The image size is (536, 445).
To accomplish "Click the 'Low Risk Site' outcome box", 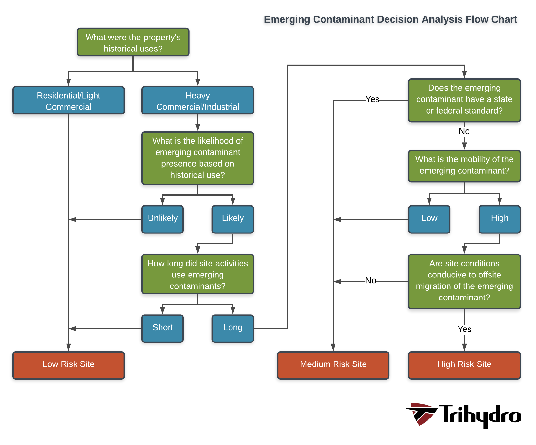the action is [68, 365].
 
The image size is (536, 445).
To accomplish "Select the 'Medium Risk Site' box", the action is [333, 365].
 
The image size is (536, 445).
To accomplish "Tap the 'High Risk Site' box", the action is [464, 365].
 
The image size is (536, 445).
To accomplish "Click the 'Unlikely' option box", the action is [163, 219].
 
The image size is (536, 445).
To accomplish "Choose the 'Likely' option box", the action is [233, 219].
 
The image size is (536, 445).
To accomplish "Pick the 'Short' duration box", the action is [163, 329].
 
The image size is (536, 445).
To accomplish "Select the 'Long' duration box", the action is [233, 329].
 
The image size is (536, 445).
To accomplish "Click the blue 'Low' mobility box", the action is [429, 219].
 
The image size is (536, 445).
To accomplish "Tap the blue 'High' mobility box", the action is [500, 219].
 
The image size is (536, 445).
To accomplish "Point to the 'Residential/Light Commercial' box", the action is [68, 100].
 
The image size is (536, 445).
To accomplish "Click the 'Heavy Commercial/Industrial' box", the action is [198, 100].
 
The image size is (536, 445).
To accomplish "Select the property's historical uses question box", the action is [133, 42].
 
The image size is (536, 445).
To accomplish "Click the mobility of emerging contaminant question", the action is [464, 166].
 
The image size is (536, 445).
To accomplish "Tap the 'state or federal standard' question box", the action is [464, 100].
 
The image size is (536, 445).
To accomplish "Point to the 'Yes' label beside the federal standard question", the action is [372, 99].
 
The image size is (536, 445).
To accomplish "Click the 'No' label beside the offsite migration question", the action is [371, 280].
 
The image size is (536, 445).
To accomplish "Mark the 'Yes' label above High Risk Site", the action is [464, 329].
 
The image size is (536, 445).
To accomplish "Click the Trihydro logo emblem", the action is [421, 414].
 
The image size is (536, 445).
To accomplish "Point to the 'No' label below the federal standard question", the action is [464, 131].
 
